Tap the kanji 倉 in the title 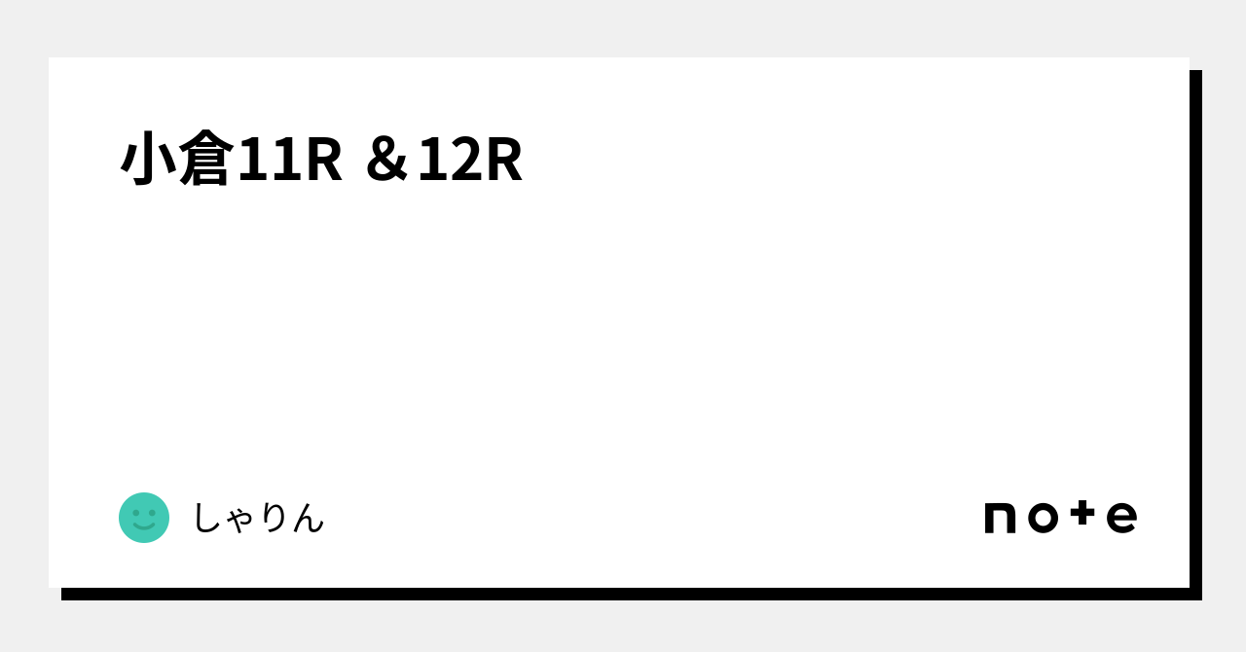205,158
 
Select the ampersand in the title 386,161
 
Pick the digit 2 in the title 466,160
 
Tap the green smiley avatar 144,518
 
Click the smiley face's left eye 135,513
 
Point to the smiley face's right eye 153,513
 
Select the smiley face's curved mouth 144,525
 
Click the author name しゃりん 258,518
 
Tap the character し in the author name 207,518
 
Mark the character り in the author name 275,518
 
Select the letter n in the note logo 1000,518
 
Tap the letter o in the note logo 1043,518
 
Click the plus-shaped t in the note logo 1082,513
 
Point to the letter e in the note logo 1122,518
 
